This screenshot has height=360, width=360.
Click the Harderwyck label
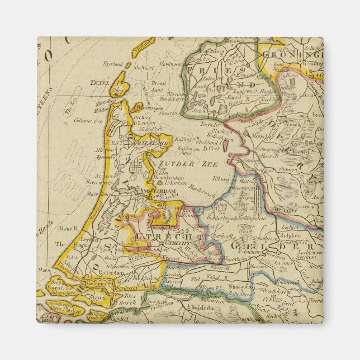tap(200, 187)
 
